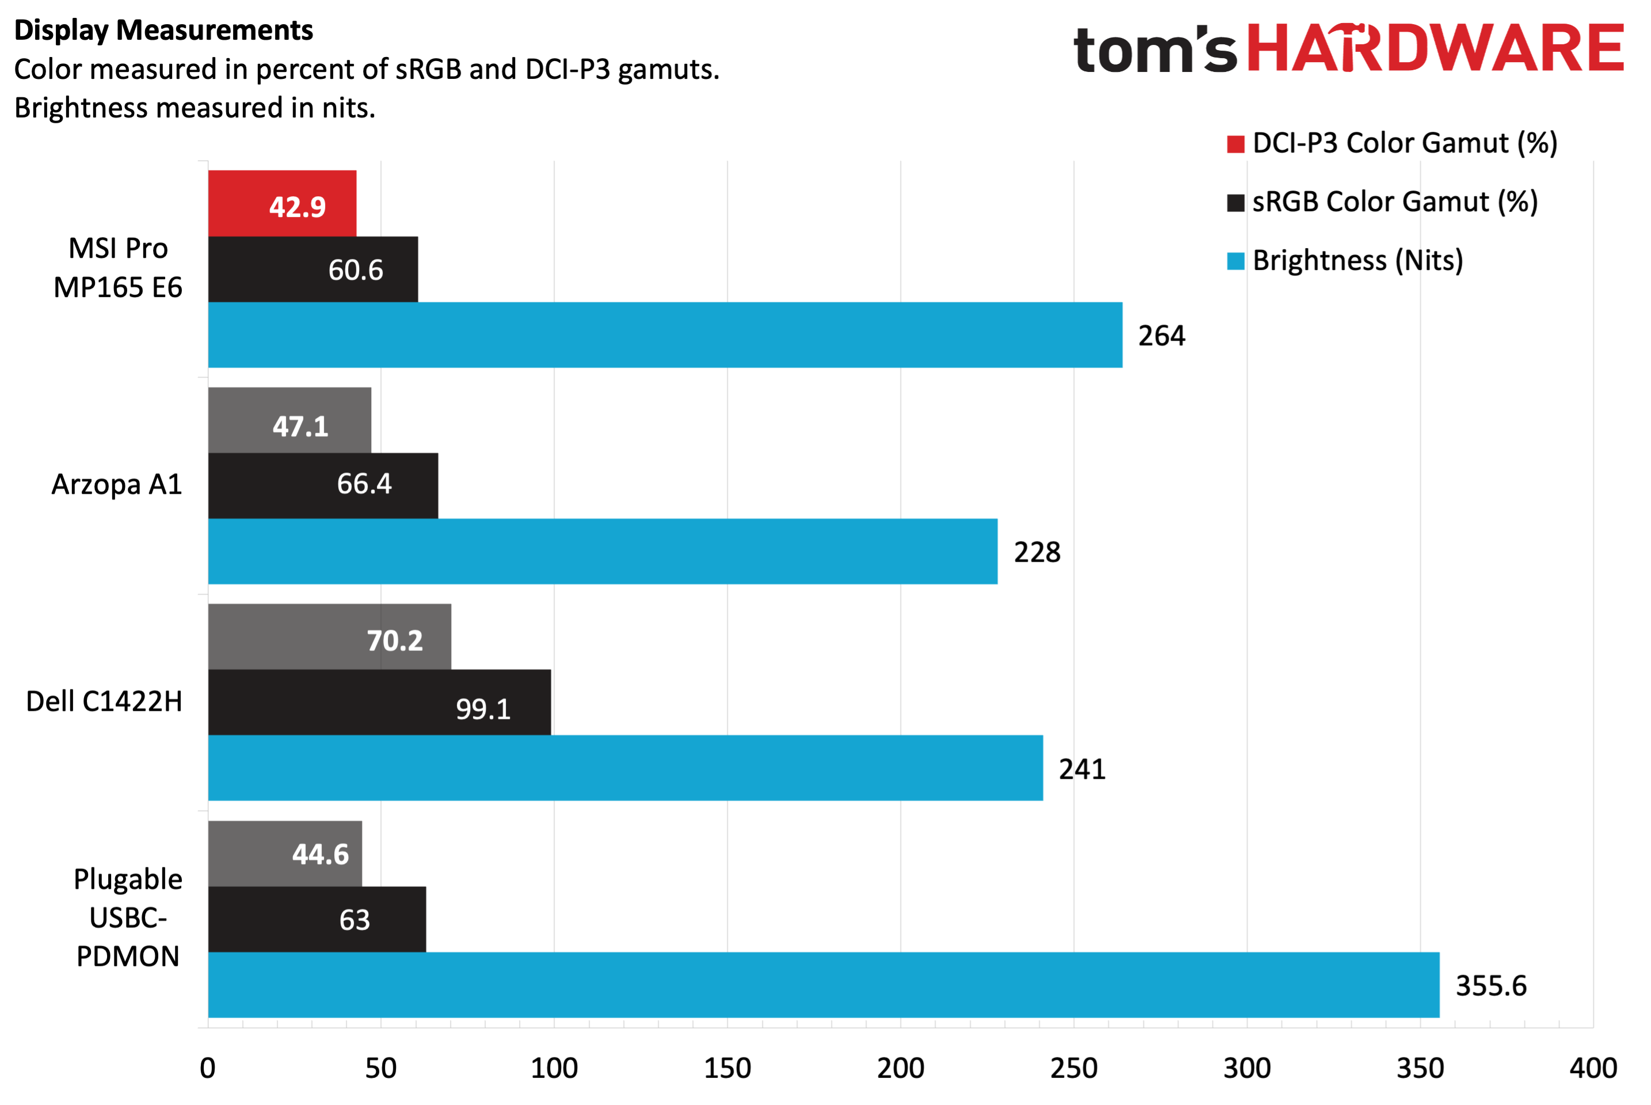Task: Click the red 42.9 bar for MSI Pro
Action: (282, 203)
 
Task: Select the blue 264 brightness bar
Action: (665, 335)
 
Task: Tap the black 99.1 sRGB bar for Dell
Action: (379, 702)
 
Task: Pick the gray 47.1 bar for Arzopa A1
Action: (289, 420)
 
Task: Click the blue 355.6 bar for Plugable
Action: (823, 985)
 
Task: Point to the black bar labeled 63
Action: (317, 919)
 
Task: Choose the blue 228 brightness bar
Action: (603, 551)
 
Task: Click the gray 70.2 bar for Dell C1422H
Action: (329, 637)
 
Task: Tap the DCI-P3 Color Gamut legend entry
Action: (1391, 143)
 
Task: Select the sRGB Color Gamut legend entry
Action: (1382, 202)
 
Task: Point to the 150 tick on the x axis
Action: (727, 1068)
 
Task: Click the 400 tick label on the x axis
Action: (1593, 1068)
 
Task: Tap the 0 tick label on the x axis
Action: (207, 1068)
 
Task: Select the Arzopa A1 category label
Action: (117, 485)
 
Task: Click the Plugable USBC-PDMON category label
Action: (128, 917)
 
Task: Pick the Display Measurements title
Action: (163, 31)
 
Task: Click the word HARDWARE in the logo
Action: (1435, 48)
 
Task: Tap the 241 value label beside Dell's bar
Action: (1082, 769)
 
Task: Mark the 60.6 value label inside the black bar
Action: (355, 270)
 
